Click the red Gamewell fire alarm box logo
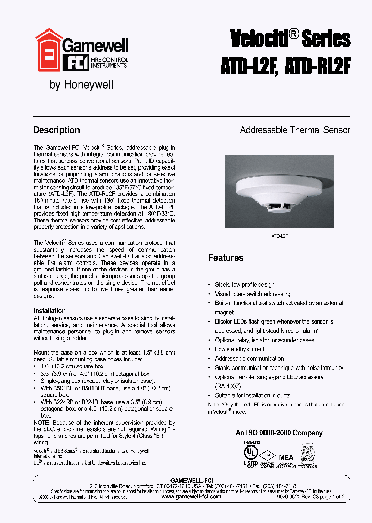coord(48,50)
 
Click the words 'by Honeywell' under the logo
coord(81,85)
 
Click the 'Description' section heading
coord(56,130)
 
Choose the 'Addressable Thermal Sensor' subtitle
coord(295,130)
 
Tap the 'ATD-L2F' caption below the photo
coord(280,236)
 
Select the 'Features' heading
coord(225,258)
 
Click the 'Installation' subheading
coord(50,311)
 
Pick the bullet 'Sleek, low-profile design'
coord(244,285)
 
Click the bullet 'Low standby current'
coord(240,349)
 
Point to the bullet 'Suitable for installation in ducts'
coord(253,396)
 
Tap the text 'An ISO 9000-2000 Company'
coord(279,433)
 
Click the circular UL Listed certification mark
coord(251,452)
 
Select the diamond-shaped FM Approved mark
coord(268,456)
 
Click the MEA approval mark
coord(286,457)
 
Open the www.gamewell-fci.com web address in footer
coord(191,496)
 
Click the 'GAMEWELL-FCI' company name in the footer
coord(191,480)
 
